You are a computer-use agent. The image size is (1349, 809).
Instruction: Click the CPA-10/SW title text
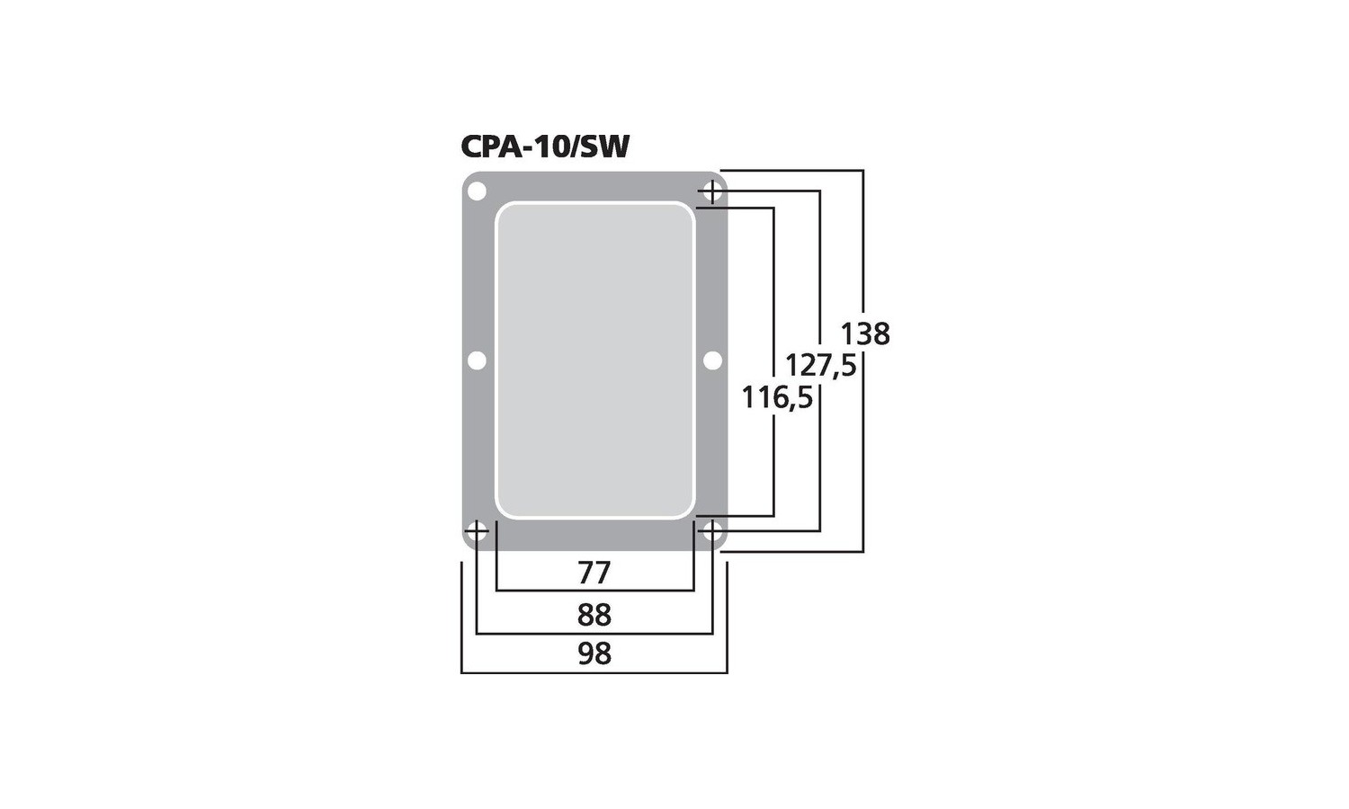click(x=545, y=147)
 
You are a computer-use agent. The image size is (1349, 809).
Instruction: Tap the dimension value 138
click(x=865, y=334)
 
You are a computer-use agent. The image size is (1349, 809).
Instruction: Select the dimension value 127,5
click(x=821, y=365)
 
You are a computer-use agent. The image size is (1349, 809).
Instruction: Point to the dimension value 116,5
click(x=777, y=398)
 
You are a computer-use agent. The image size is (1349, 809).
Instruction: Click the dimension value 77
click(x=594, y=573)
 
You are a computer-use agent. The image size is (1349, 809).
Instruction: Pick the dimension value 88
click(x=594, y=615)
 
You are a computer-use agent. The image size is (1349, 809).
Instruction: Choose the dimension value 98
click(x=594, y=653)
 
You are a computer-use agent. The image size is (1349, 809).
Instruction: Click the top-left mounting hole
click(x=477, y=192)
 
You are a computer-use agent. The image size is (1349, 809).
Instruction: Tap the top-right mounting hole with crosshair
click(x=712, y=192)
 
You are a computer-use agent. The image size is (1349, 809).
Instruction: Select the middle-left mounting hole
click(x=477, y=360)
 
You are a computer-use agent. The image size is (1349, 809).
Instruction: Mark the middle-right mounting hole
click(x=712, y=360)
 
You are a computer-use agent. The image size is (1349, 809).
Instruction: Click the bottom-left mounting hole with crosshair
click(x=477, y=531)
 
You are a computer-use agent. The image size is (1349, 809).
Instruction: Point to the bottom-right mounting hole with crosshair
click(x=712, y=531)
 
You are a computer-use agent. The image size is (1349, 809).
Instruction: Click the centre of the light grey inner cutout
click(x=595, y=360)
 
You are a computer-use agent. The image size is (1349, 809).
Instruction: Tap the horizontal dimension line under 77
click(x=595, y=590)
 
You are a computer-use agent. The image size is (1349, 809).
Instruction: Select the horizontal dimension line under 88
click(x=594, y=633)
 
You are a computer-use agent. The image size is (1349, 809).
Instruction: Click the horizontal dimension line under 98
click(x=594, y=672)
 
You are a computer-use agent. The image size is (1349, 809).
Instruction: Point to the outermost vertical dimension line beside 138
click(x=863, y=361)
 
